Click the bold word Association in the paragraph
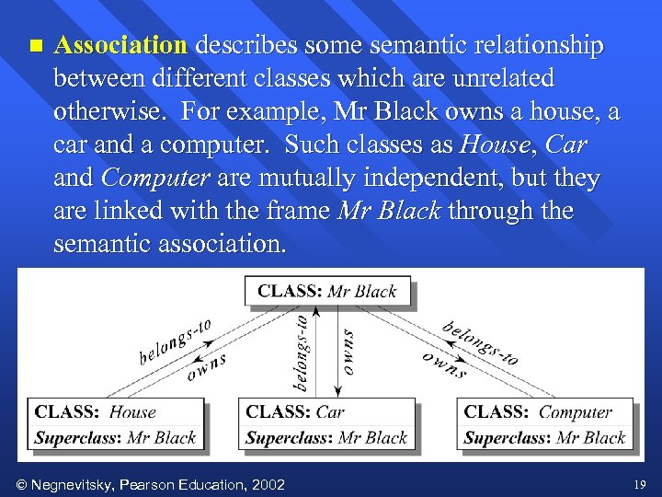coord(120,45)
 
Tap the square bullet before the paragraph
coord(35,45)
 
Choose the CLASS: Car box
coord(326,424)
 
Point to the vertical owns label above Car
coord(348,352)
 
